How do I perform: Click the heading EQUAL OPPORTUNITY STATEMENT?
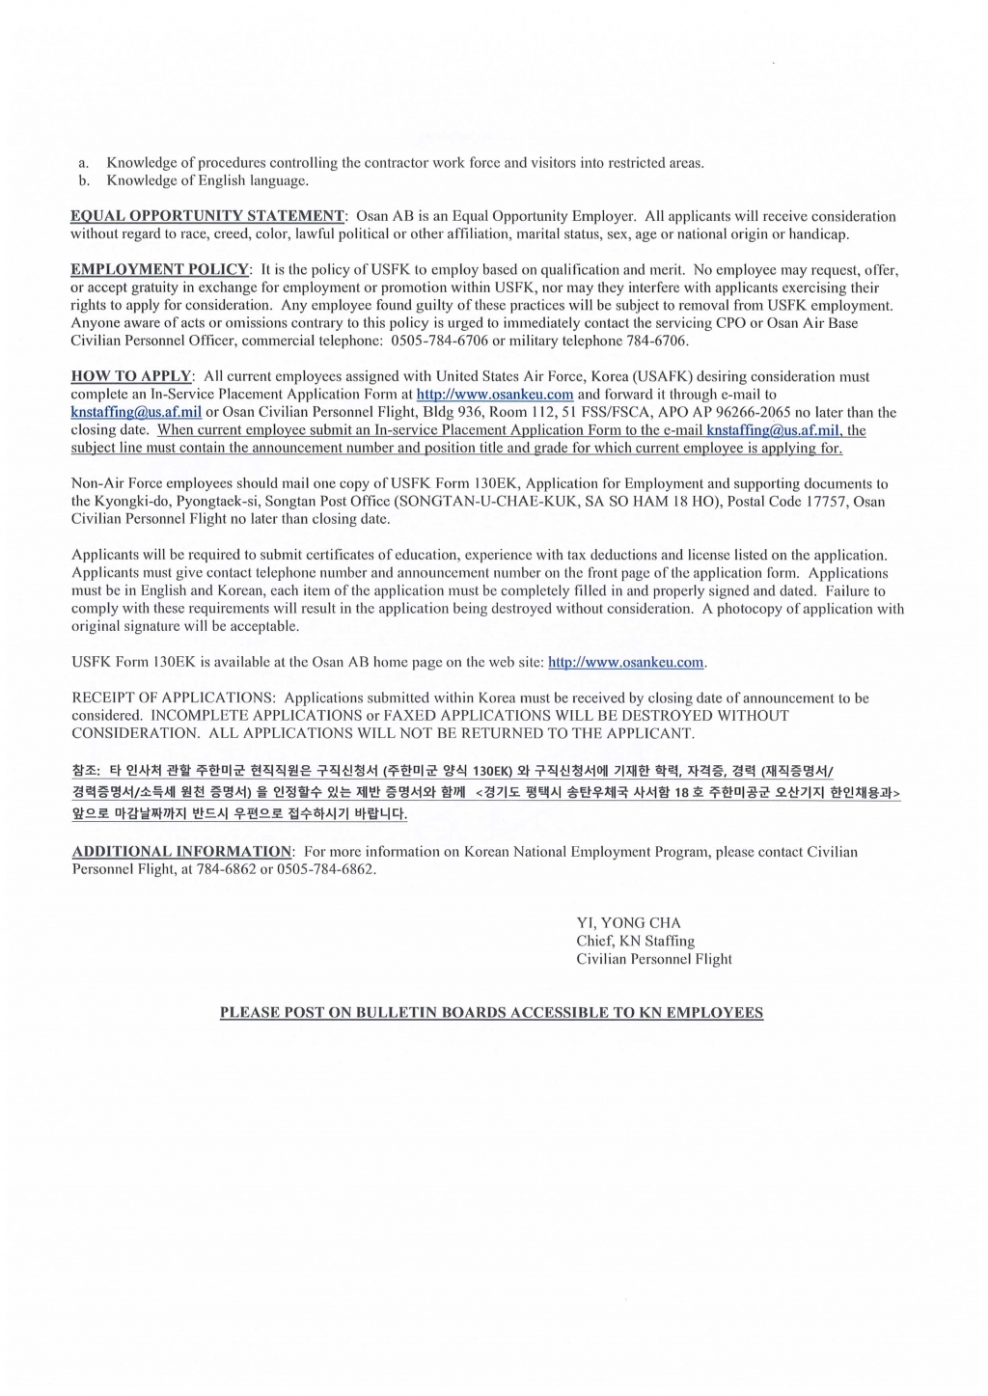coord(207,216)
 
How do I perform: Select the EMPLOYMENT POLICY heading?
coord(160,270)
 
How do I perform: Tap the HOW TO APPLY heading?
coord(132,376)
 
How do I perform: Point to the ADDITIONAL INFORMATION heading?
coord(181,852)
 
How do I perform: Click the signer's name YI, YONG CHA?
coord(628,922)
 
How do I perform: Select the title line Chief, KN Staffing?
coord(635,941)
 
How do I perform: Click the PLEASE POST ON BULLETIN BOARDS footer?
coord(491,1013)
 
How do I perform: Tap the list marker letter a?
coord(83,163)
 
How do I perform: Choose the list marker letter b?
coord(84,180)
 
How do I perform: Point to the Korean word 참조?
coord(85,771)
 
